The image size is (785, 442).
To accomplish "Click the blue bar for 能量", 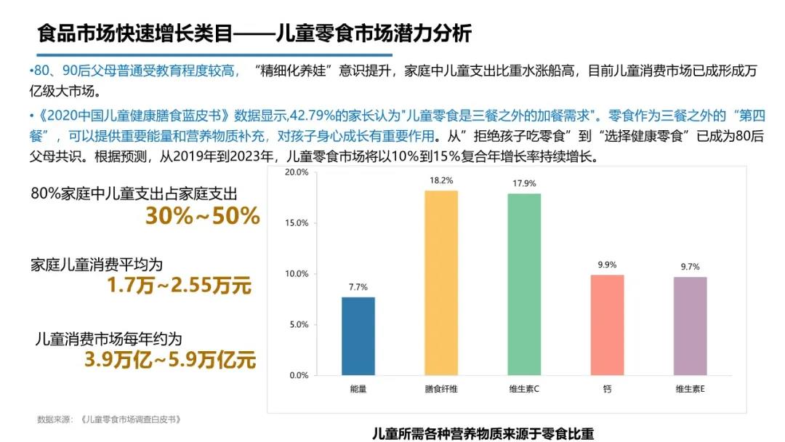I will pyautogui.click(x=358, y=336).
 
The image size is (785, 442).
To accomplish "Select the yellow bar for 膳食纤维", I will pyautogui.click(x=441, y=283).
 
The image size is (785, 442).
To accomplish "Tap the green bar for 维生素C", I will pyautogui.click(x=524, y=284).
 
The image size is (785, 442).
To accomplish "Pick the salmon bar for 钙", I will pyautogui.click(x=607, y=325).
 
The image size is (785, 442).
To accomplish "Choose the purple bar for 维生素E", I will pyautogui.click(x=690, y=326).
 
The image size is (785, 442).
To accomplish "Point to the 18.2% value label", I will pyautogui.click(x=441, y=180).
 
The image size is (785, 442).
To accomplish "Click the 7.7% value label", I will pyautogui.click(x=358, y=287).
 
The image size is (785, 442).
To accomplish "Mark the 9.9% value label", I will pyautogui.click(x=607, y=265).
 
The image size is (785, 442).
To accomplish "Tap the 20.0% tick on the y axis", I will pyautogui.click(x=299, y=172).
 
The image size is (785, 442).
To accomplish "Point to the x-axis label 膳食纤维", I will pyautogui.click(x=441, y=390).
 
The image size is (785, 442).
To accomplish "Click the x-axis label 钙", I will pyautogui.click(x=607, y=390).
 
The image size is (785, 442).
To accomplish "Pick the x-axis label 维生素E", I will pyautogui.click(x=690, y=390).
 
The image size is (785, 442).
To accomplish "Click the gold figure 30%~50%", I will pyautogui.click(x=203, y=216).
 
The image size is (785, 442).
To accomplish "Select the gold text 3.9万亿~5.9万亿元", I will pyautogui.click(x=170, y=360).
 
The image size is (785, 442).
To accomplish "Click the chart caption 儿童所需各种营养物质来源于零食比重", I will pyautogui.click(x=483, y=434).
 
